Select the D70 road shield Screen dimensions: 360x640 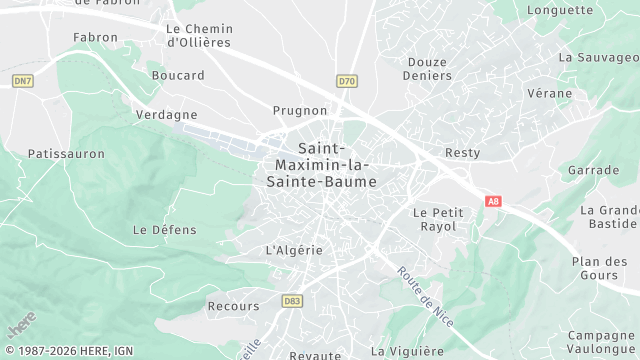[x=347, y=81]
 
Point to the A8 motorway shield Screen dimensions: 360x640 [x=492, y=201]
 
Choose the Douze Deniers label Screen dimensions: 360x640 [x=426, y=68]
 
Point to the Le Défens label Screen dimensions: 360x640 [x=158, y=229]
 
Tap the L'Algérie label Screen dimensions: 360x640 [x=294, y=250]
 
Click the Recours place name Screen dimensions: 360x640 [x=234, y=306]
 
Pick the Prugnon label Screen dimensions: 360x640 [x=300, y=110]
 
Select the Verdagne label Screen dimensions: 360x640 [x=166, y=115]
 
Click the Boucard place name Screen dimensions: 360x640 [x=178, y=75]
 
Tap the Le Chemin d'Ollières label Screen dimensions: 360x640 [x=198, y=36]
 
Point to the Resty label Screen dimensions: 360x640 [x=462, y=153]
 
